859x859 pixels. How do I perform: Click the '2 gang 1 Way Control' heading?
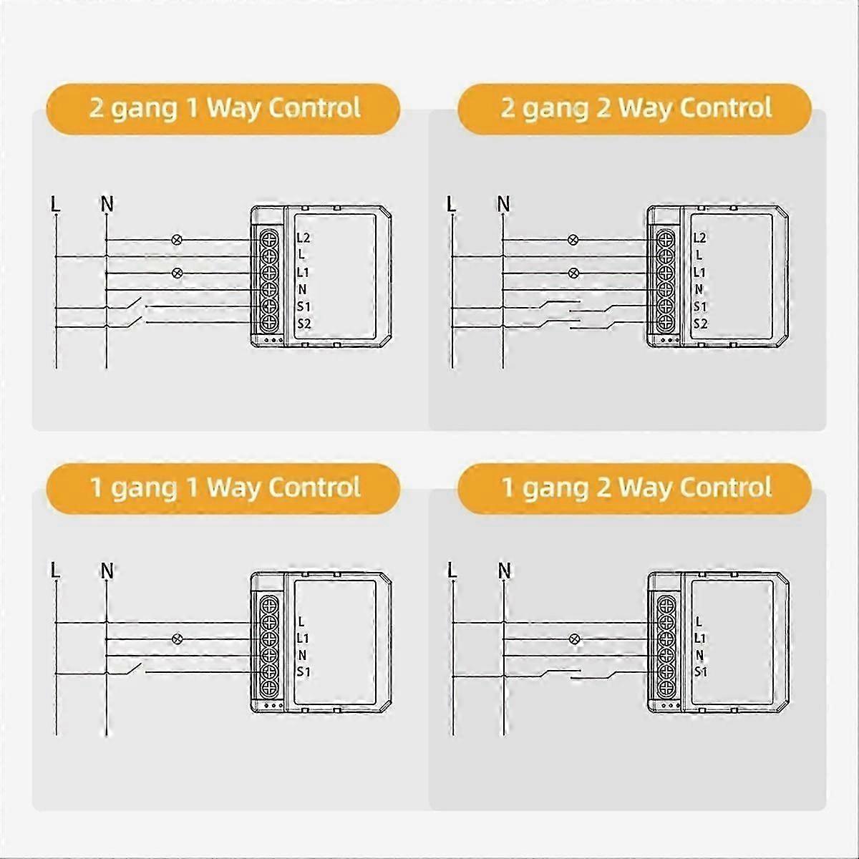[225, 108]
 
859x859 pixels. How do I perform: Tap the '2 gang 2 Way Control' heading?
[636, 108]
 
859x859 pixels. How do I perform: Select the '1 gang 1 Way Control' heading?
[225, 487]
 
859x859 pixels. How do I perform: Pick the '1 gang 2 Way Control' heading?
[636, 487]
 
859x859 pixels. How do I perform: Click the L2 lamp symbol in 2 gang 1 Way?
[177, 240]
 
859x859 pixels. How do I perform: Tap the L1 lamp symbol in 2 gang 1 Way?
[177, 273]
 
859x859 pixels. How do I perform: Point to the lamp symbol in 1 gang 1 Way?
[177, 639]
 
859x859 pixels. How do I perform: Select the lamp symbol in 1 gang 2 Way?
[573, 639]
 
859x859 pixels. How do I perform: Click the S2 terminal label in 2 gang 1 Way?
[304, 324]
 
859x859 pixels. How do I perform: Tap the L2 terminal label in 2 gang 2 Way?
[700, 238]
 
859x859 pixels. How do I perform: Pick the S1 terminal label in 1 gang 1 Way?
[303, 671]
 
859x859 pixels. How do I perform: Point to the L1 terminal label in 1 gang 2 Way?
[700, 639]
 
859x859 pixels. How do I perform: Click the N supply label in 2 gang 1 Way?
[107, 204]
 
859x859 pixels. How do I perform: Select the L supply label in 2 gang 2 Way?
[452, 204]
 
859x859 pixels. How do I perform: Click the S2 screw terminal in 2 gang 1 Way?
[269, 323]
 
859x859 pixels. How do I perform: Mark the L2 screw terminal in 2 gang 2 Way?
[666, 238]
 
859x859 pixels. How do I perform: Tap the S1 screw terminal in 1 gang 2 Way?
[666, 671]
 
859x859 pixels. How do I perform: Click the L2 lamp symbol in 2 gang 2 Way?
[573, 241]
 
